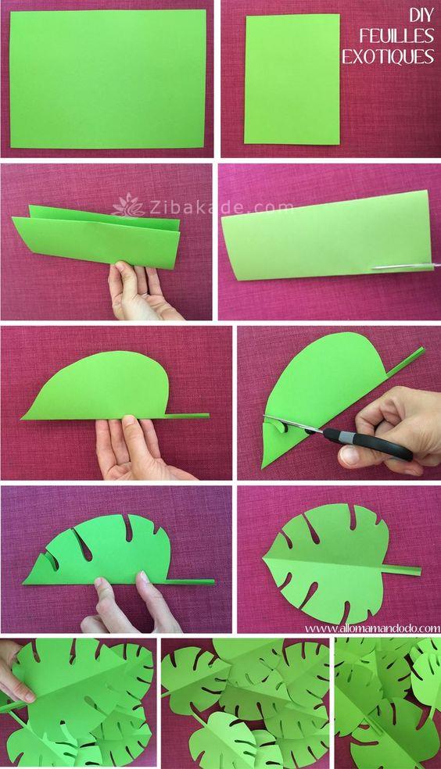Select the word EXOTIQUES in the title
tap(388, 56)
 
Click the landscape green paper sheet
tap(108, 78)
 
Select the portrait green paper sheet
tap(292, 79)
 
